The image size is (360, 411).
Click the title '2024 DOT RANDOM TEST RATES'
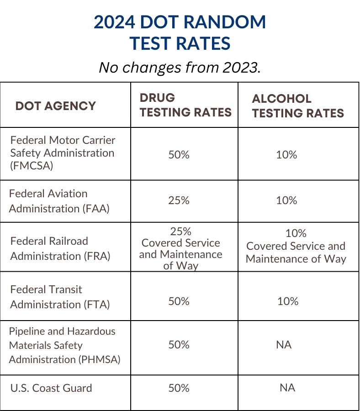tap(180, 32)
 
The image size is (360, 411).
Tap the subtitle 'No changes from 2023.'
tap(180, 68)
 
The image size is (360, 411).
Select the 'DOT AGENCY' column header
tap(56, 106)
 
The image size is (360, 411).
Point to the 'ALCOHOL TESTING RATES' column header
tap(298, 106)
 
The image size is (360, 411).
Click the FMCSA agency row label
tap(63, 153)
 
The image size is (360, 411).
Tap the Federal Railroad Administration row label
tap(60, 248)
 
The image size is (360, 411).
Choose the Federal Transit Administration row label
tap(60, 297)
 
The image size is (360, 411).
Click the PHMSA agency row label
tap(64, 345)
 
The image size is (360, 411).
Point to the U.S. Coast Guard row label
tap(51, 388)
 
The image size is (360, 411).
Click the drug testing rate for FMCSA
tap(179, 155)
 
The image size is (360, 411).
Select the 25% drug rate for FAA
tap(179, 200)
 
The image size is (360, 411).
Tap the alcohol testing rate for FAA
tap(286, 200)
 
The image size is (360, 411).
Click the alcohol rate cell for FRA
tap(296, 246)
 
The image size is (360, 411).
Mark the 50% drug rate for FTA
tap(179, 301)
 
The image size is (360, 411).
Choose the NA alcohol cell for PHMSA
tap(284, 345)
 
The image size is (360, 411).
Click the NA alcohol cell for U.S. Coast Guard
tap(287, 388)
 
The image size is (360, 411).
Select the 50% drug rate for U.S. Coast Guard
tap(179, 388)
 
